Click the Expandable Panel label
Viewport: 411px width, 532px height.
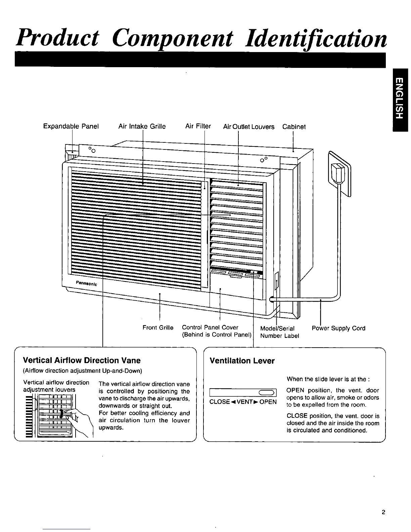coord(71,127)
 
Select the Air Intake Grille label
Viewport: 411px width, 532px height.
coord(142,127)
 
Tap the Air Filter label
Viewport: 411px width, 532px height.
coord(198,126)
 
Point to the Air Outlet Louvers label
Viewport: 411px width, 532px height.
coord(249,127)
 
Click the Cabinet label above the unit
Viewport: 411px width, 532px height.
coord(294,127)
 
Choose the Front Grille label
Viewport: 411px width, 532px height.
coord(158,327)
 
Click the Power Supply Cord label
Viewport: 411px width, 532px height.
coord(338,328)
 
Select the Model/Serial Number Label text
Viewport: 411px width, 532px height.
coord(279,332)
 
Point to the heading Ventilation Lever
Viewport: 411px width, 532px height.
coord(242,361)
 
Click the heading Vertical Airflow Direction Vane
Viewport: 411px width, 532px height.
coord(82,360)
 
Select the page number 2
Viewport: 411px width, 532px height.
coord(383,513)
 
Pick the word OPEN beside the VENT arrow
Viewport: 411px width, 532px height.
coord(268,402)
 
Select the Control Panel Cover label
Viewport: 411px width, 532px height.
coord(210,327)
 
